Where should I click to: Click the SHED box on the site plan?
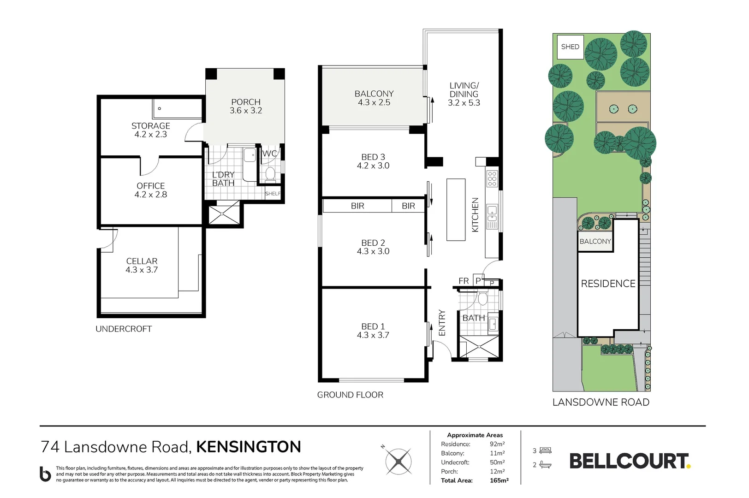click(570, 47)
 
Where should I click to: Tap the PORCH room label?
click(246, 102)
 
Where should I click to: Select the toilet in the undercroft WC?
click(270, 174)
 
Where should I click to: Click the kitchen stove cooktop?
click(492, 178)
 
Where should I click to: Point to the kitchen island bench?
click(456, 209)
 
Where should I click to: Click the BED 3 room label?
click(373, 157)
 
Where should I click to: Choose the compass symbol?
click(398, 461)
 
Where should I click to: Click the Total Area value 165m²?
click(499, 480)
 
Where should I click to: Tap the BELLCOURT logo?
click(630, 461)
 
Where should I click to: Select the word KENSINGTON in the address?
click(249, 447)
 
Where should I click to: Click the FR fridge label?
click(464, 281)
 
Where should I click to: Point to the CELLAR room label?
click(142, 261)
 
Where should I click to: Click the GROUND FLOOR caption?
click(350, 395)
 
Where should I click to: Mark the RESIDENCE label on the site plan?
click(608, 284)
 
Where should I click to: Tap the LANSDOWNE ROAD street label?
click(601, 402)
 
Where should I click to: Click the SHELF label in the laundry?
click(273, 194)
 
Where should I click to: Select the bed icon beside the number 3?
click(545, 450)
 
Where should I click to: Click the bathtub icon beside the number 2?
click(545, 465)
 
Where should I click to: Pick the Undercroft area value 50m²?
click(497, 462)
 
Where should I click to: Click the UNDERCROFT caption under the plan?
click(124, 329)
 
